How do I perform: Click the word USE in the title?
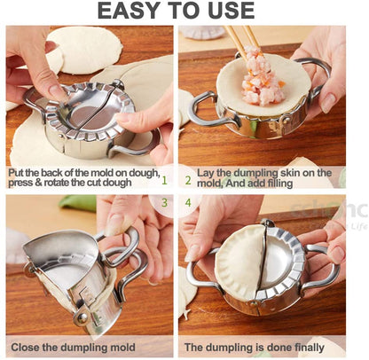pyautogui.click(x=232, y=11)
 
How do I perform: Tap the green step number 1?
pyautogui.click(x=164, y=180)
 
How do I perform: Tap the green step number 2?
pyautogui.click(x=188, y=180)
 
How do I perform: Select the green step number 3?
pyautogui.click(x=164, y=203)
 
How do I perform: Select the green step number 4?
pyautogui.click(x=188, y=203)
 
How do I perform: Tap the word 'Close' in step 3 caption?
pyautogui.click(x=25, y=347)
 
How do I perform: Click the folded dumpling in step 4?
pyautogui.click(x=239, y=262)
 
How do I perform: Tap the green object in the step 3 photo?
pyautogui.click(x=77, y=203)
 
